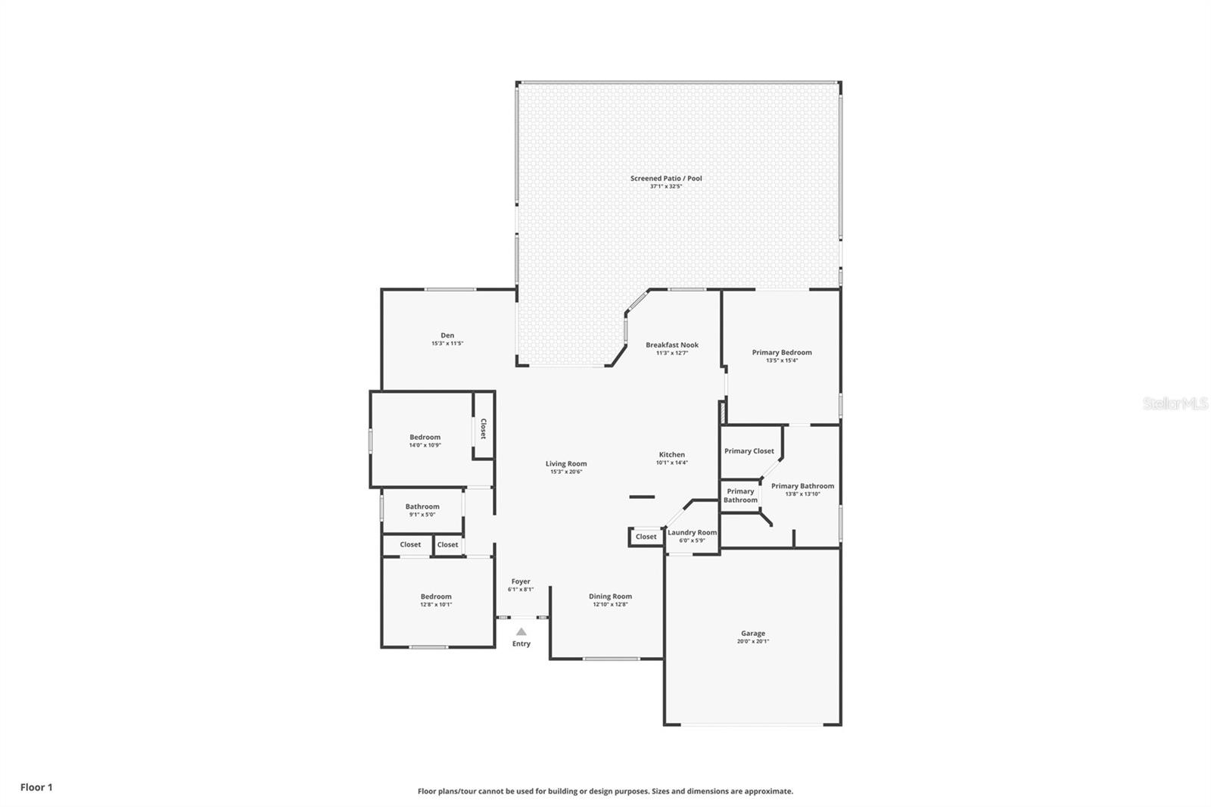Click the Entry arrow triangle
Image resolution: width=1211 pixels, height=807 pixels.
[521, 631]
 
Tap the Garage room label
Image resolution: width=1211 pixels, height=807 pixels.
[752, 634]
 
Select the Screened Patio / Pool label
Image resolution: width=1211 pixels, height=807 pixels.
[666, 179]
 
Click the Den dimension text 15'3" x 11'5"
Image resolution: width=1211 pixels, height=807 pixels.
[447, 344]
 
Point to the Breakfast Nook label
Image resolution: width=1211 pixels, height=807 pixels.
[671, 345]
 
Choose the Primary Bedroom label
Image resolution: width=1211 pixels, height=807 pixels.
[781, 353]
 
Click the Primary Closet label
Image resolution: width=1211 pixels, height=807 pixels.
[749, 451]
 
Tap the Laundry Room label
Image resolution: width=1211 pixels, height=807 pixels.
[692, 533]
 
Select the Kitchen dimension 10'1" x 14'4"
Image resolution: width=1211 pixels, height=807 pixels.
[671, 463]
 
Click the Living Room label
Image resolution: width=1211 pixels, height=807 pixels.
[566, 464]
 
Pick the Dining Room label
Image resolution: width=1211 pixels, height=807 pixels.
[610, 597]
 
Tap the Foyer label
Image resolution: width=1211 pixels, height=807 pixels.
[521, 581]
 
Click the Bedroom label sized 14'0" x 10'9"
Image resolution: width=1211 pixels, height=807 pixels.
[425, 438]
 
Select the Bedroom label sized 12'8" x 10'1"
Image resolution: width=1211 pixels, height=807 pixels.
[436, 597]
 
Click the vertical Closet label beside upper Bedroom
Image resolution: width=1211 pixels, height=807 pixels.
[483, 429]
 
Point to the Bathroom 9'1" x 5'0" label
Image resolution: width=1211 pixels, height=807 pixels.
[422, 507]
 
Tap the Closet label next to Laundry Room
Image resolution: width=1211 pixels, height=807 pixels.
[646, 537]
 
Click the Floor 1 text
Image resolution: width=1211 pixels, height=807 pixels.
[36, 787]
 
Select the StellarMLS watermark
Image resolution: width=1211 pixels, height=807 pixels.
[1175, 403]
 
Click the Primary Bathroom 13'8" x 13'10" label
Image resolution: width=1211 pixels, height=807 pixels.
[802, 487]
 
